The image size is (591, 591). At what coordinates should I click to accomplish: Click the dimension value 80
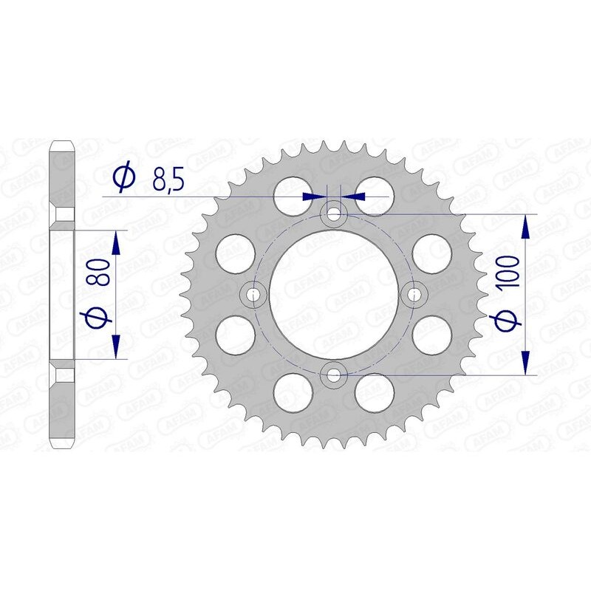coord(102,273)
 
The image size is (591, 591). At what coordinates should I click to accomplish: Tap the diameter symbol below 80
coord(102,316)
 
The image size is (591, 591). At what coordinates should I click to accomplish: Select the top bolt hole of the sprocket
coord(335,214)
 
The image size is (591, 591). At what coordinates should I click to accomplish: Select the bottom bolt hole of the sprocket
coord(335,375)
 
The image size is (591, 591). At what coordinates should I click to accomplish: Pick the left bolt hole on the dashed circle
coord(255,295)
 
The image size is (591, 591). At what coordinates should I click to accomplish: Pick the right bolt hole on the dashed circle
coord(415,295)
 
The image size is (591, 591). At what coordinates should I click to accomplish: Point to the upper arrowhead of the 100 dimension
coord(525,226)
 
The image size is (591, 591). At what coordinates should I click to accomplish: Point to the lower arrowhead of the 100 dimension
coord(525,363)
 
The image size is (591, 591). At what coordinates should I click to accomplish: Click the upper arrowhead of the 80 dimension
coord(115,243)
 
